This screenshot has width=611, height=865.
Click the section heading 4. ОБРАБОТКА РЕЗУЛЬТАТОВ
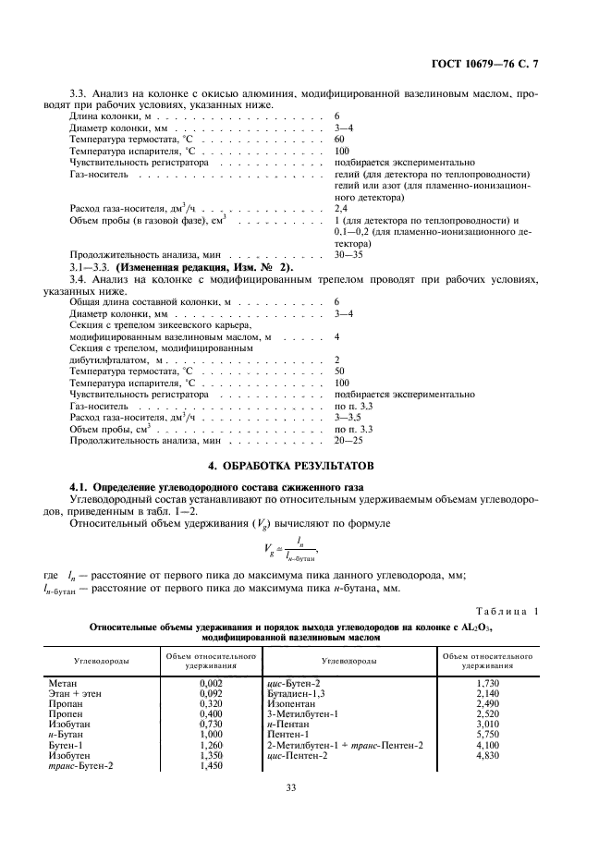tap(305, 463)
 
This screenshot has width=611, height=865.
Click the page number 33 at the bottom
tap(305, 788)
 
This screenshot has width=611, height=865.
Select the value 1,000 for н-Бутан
tap(212, 733)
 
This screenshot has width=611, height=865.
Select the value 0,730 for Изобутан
tap(212, 723)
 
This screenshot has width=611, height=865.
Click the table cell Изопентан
tap(288, 703)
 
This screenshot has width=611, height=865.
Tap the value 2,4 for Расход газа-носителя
tap(341, 209)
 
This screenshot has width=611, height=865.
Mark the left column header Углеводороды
tap(102, 661)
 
